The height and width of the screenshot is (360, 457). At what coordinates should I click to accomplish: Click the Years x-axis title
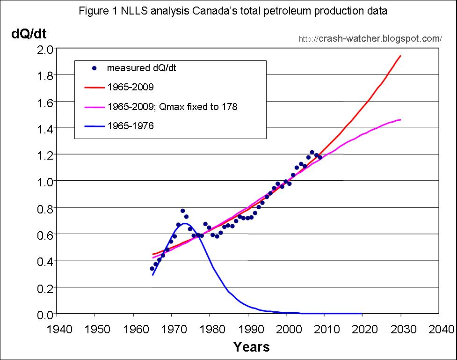pyautogui.click(x=251, y=347)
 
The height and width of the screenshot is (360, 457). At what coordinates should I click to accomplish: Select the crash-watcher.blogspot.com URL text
pyautogui.click(x=370, y=38)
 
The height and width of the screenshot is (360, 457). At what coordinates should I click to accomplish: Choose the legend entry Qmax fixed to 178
pyautogui.click(x=172, y=107)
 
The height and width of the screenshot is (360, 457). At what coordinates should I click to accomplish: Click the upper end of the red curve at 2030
pyautogui.click(x=401, y=56)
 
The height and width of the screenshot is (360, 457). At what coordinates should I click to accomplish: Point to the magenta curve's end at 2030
pyautogui.click(x=401, y=120)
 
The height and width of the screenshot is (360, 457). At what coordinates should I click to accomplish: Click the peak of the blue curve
pyautogui.click(x=185, y=223)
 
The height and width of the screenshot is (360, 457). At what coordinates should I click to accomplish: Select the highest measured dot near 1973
pyautogui.click(x=182, y=211)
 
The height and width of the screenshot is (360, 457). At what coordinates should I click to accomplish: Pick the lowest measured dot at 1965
pyautogui.click(x=152, y=268)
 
